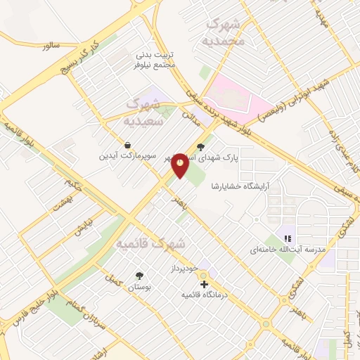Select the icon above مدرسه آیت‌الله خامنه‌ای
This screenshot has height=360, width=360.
[x=288, y=238]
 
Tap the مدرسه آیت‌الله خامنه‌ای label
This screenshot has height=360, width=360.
[x=281, y=250]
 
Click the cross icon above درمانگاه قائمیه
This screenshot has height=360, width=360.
[x=204, y=285]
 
